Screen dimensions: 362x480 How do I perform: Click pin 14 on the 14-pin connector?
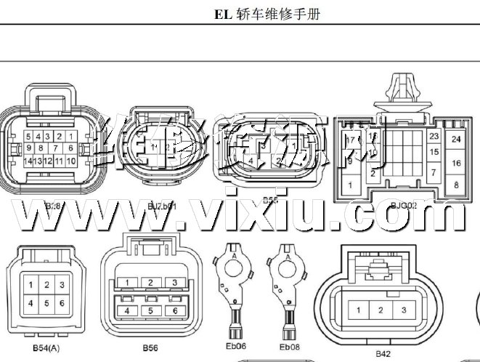[27, 161]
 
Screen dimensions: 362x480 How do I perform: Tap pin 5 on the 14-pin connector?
[28, 136]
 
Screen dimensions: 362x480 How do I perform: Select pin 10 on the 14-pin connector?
[70, 161]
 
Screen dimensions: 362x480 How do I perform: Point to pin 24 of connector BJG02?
[456, 139]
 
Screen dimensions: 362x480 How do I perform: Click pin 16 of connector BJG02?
[456, 163]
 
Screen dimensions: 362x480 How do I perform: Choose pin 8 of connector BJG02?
[456, 185]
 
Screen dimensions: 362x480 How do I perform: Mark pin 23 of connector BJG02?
[434, 136]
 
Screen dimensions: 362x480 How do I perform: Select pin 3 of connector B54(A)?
[62, 285]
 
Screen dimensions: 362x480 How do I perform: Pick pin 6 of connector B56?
[174, 310]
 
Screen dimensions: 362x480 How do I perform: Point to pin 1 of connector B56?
[127, 282]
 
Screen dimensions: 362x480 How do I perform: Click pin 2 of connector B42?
[380, 310]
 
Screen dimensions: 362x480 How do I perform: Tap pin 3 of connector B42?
[403, 310]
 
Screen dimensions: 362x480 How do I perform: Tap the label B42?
[383, 353]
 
